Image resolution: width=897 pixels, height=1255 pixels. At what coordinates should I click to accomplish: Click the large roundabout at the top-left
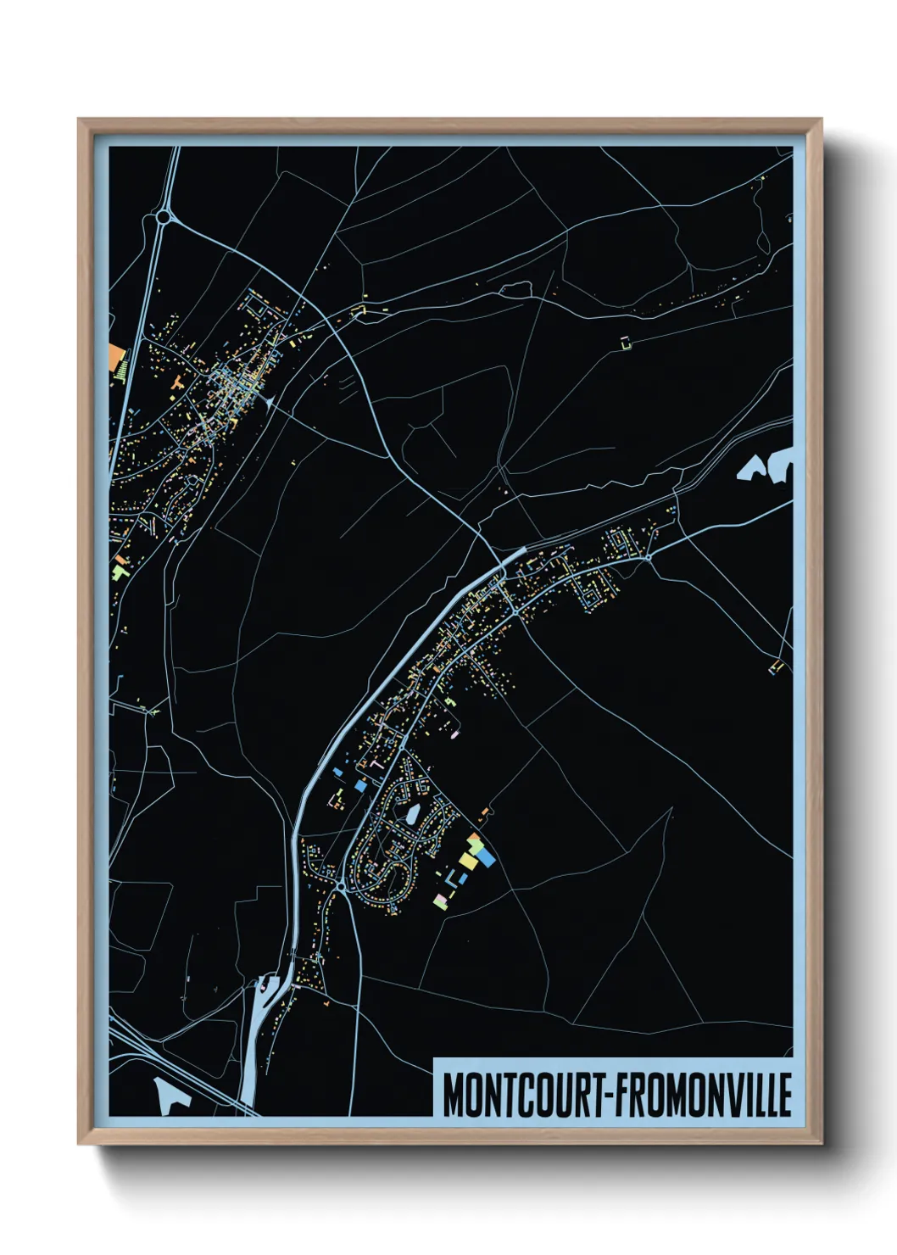click(163, 218)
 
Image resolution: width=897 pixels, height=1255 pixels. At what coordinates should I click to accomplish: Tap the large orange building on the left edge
click(117, 356)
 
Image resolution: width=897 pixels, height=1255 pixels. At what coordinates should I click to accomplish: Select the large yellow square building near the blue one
click(469, 862)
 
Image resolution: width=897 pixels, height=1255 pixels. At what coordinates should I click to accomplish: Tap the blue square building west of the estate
click(360, 786)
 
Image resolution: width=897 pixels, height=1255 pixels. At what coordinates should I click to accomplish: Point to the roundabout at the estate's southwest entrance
click(340, 886)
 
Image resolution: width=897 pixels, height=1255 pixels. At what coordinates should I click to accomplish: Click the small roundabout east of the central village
click(648, 557)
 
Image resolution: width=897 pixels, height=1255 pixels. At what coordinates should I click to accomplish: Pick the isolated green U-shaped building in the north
click(627, 343)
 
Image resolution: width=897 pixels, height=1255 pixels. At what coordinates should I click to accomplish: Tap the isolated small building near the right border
click(775, 667)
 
